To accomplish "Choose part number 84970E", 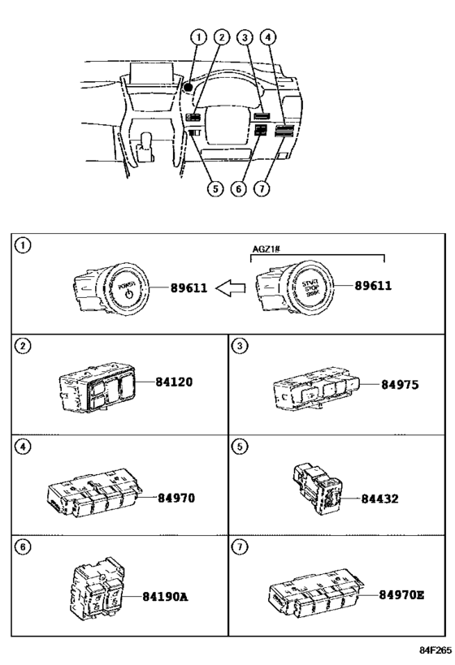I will [x=401, y=595].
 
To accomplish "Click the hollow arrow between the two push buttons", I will [x=235, y=287].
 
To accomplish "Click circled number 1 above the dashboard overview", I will [x=198, y=36].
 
